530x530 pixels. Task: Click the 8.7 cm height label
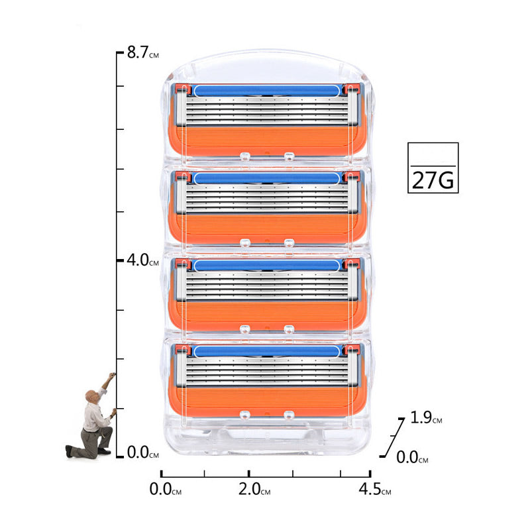[143, 53]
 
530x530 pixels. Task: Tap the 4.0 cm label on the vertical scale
[142, 260]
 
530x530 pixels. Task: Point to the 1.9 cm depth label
[426, 417]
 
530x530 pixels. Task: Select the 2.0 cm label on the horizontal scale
[254, 489]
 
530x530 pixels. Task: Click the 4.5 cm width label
[375, 489]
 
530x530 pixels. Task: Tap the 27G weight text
[433, 180]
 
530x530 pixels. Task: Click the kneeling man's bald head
[91, 396]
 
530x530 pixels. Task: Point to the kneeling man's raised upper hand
[112, 375]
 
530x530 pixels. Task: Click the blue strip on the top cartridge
[267, 91]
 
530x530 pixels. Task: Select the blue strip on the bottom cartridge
[267, 351]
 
